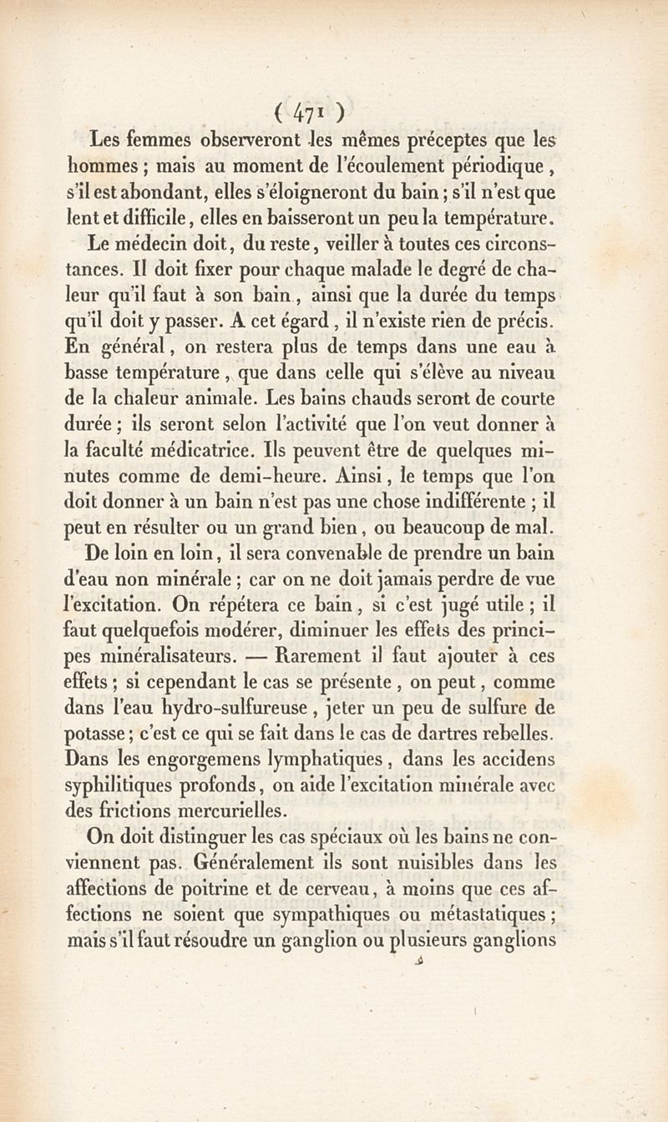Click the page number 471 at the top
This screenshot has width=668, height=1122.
(x=311, y=111)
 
